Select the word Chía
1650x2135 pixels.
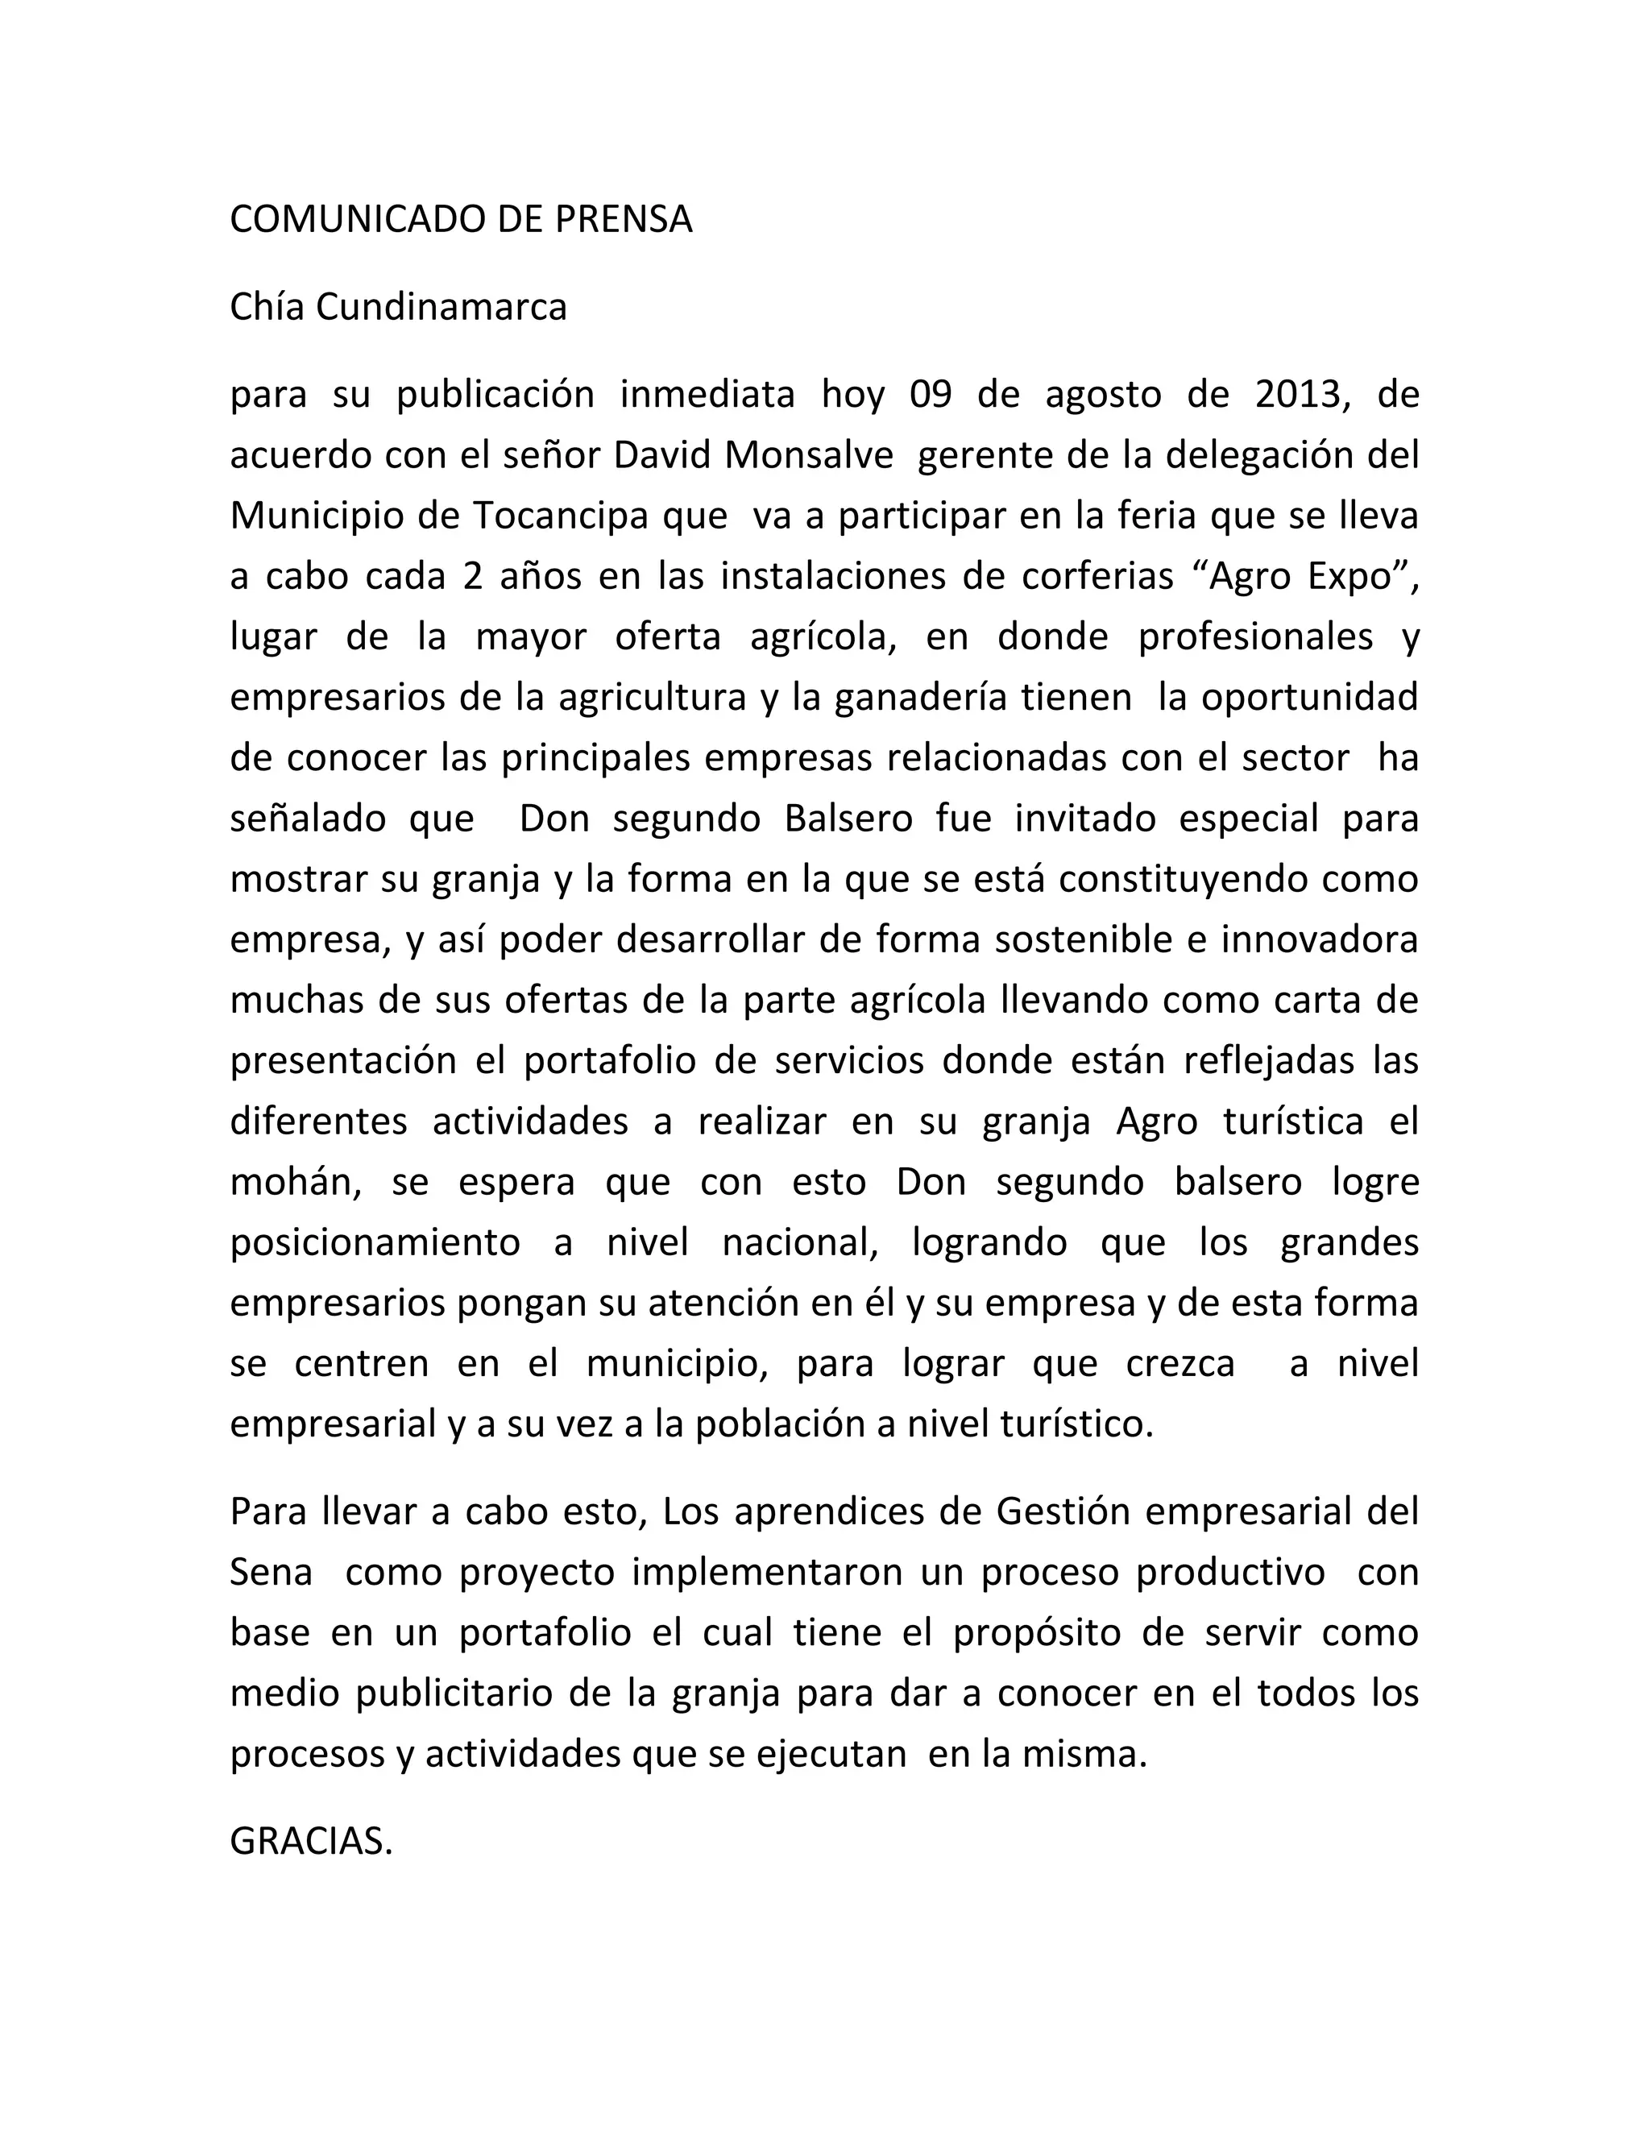(x=265, y=307)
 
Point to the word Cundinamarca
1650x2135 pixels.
(x=441, y=307)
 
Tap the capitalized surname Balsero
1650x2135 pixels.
(x=848, y=819)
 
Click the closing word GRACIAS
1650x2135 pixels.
(x=311, y=1841)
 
